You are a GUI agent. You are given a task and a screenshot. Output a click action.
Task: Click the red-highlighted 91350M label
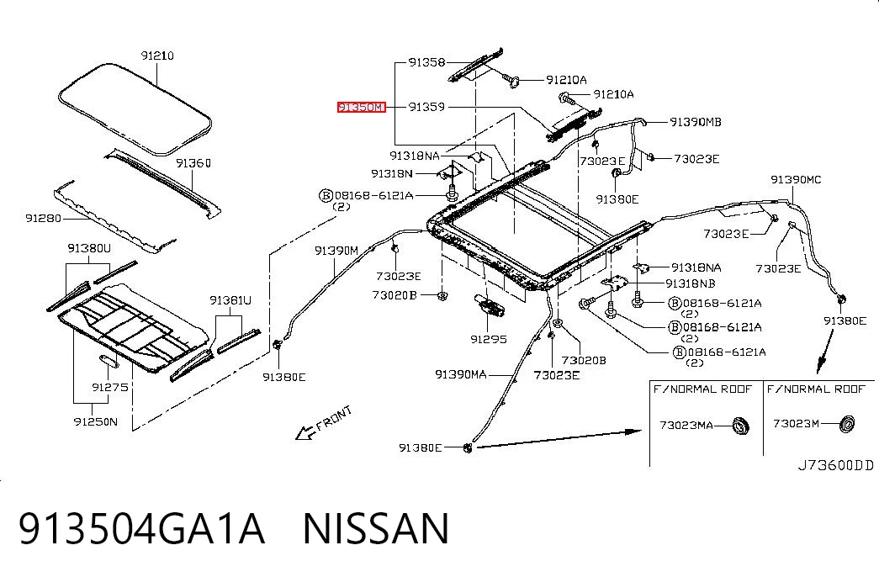pos(362,107)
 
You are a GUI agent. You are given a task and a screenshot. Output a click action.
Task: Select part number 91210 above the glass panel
pos(157,56)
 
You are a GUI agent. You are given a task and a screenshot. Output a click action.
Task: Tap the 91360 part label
pos(193,163)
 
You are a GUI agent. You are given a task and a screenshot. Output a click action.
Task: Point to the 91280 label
pos(43,218)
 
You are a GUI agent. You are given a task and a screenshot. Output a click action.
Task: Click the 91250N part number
pos(96,421)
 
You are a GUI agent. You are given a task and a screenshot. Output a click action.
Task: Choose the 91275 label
pos(110,387)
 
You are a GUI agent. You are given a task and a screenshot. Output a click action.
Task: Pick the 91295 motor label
pos(489,339)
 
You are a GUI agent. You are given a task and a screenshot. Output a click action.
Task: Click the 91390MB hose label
pos(696,122)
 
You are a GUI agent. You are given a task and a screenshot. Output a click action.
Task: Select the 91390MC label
pos(796,179)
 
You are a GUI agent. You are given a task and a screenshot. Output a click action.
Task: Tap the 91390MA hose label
pos(461,374)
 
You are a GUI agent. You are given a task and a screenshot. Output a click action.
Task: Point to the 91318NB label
pos(691,283)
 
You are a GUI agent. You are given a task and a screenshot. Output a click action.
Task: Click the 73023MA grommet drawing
pos(741,426)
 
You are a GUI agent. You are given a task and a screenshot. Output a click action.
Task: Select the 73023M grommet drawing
pos(846,424)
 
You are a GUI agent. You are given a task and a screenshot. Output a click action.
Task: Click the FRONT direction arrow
pos(305,432)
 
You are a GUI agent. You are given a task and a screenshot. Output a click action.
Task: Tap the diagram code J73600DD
pos(836,465)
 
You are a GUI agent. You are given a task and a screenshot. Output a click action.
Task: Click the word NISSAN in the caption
pos(376,528)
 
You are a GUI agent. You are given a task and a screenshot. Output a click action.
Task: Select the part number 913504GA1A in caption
pos(141,528)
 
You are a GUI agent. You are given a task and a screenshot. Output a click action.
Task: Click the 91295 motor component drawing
pos(489,304)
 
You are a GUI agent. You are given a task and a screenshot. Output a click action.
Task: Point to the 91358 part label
pos(426,62)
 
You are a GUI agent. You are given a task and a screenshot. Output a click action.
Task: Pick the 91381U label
pos(230,300)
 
